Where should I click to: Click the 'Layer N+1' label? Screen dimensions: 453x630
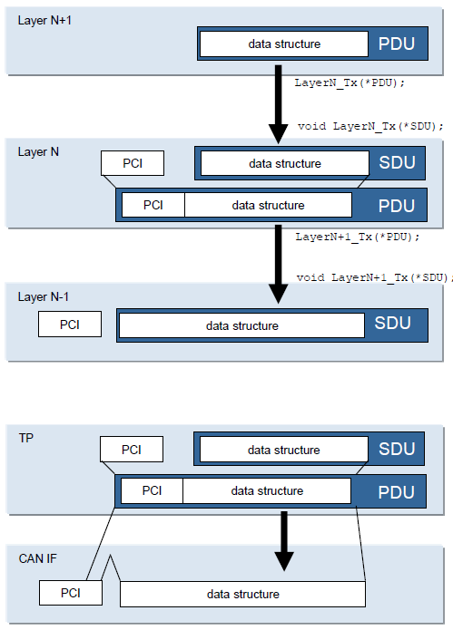tap(44, 21)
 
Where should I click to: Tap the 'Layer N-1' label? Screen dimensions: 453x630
tap(43, 297)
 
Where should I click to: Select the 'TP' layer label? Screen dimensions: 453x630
tap(26, 438)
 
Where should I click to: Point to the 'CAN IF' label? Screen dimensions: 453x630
tap(38, 558)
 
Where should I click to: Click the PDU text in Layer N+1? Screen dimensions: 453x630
tap(397, 44)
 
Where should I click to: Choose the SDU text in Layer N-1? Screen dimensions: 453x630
tap(393, 323)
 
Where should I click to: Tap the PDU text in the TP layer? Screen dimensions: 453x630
tap(396, 492)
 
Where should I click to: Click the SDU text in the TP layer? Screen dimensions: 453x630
tap(397, 449)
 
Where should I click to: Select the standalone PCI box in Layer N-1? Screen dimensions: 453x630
tap(70, 324)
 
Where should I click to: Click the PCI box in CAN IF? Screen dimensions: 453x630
tap(71, 593)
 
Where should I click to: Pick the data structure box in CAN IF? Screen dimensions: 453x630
tap(242, 594)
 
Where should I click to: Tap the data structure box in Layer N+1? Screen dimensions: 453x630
tap(284, 44)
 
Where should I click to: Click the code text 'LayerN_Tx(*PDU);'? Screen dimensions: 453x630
tap(350, 83)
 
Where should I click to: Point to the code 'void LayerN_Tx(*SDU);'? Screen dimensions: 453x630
tap(370, 127)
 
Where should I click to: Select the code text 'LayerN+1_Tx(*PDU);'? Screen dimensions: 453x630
tap(358, 237)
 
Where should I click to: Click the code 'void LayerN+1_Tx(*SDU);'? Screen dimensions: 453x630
tap(375, 277)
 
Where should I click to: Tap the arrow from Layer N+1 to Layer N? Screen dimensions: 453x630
tap(279, 104)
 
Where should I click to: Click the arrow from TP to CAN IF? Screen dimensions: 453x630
tap(284, 541)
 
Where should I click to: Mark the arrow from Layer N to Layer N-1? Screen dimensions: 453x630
tap(279, 265)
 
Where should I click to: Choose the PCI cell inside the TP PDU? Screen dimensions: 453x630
tap(153, 490)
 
